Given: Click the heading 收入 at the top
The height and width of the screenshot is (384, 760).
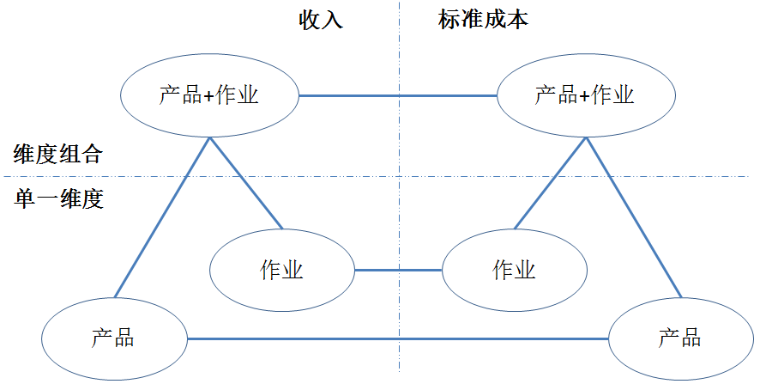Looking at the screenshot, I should click(x=322, y=21).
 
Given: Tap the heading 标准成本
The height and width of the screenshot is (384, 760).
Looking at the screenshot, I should click(x=483, y=20).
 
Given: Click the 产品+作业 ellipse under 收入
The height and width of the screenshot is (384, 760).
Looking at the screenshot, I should click(x=208, y=94).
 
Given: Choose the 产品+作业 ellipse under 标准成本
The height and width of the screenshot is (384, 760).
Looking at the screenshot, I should click(x=584, y=94).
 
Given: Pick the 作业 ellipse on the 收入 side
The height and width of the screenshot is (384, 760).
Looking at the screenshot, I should click(x=282, y=271).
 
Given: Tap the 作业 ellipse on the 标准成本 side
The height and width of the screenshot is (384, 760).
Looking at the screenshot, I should click(x=515, y=271).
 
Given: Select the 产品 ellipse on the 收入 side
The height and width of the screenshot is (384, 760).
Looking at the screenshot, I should click(x=113, y=338).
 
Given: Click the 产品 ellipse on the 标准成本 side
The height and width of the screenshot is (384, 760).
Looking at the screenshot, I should click(x=680, y=338).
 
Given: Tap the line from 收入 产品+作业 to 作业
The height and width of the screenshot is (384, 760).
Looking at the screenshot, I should click(x=245, y=182).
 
